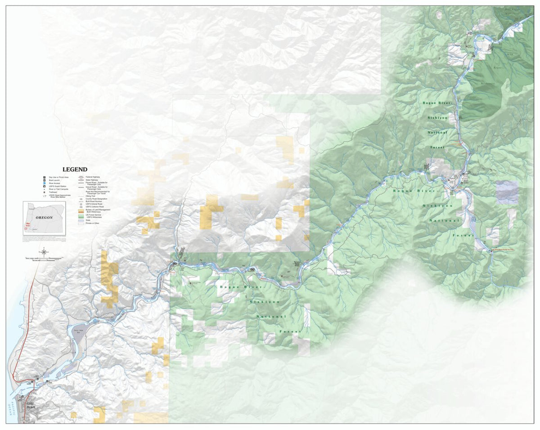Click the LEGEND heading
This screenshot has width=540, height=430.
point(75,170)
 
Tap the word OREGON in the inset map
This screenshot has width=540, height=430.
point(45,217)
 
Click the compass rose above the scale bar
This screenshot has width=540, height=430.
point(44,252)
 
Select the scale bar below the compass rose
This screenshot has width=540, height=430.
point(44,259)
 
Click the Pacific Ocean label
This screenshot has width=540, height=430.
point(14,407)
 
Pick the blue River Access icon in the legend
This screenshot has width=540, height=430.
point(44,184)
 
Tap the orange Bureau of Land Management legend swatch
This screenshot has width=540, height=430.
point(81,210)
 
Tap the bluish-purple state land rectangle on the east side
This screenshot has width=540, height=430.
point(507,193)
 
